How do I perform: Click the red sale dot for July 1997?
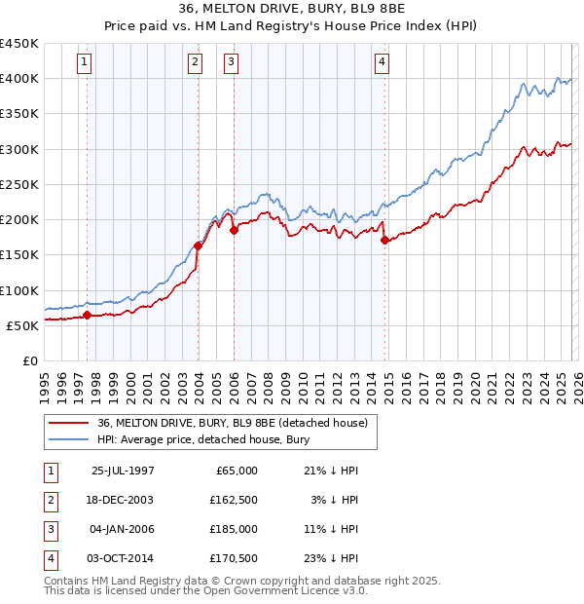click(87, 315)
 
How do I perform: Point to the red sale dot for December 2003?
click(198, 246)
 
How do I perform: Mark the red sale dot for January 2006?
click(234, 231)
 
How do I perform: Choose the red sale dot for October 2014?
click(384, 240)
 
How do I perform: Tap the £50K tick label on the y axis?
click(22, 325)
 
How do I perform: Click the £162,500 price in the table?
click(234, 499)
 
